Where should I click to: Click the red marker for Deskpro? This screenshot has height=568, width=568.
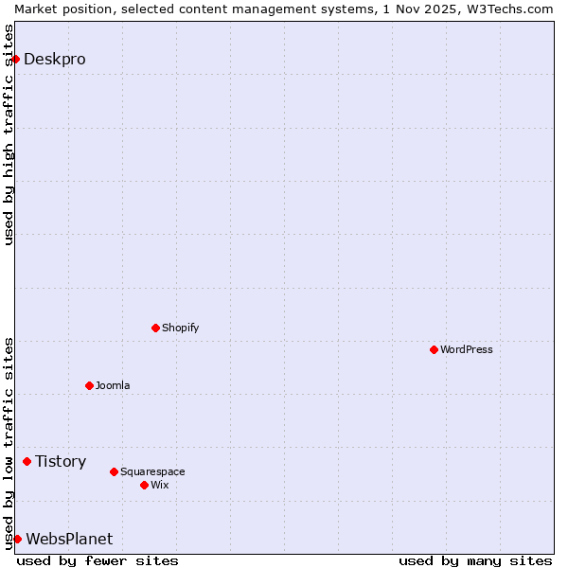tap(15, 59)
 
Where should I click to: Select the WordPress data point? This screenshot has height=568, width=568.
tap(434, 349)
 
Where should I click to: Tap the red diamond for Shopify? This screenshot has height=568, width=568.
tap(155, 328)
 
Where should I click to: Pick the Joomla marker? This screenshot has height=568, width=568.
tap(89, 385)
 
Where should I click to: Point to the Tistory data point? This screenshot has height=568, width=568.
tap(27, 461)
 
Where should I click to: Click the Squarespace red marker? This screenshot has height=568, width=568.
tap(114, 471)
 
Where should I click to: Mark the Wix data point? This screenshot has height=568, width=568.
tap(144, 485)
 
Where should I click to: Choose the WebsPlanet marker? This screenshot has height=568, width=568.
tap(17, 539)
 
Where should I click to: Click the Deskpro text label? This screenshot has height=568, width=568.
tap(54, 59)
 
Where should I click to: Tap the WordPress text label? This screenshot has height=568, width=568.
tap(466, 349)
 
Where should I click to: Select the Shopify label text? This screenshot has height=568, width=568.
tap(180, 328)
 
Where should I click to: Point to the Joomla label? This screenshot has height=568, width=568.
tap(113, 385)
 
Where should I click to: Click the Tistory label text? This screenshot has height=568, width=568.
tap(61, 461)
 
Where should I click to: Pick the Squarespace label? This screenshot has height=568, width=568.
tap(152, 471)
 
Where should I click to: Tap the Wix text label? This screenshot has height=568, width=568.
tap(159, 485)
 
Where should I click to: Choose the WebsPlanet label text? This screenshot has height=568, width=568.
tap(69, 539)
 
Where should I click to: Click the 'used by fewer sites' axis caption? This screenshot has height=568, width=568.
tap(98, 560)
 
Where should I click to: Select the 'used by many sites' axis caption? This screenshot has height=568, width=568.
tap(475, 560)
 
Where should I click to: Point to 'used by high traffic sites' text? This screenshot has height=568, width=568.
tap(9, 134)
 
